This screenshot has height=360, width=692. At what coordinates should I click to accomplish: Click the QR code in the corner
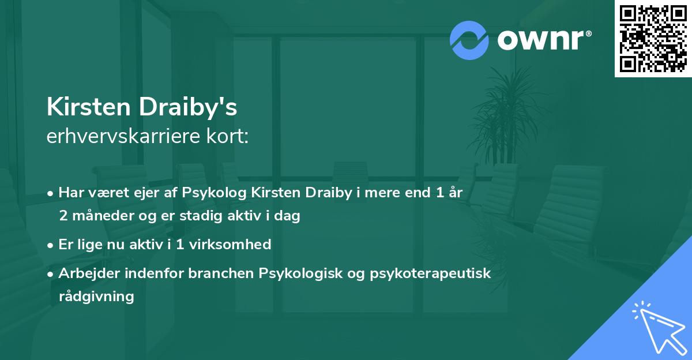tap(653, 39)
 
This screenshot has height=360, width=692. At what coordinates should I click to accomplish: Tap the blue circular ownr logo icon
tap(469, 40)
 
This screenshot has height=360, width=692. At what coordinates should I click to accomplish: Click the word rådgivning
tap(96, 297)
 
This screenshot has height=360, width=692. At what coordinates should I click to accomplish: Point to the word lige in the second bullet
tap(90, 245)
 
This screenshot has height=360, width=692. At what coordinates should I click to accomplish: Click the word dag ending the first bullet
tap(287, 216)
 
